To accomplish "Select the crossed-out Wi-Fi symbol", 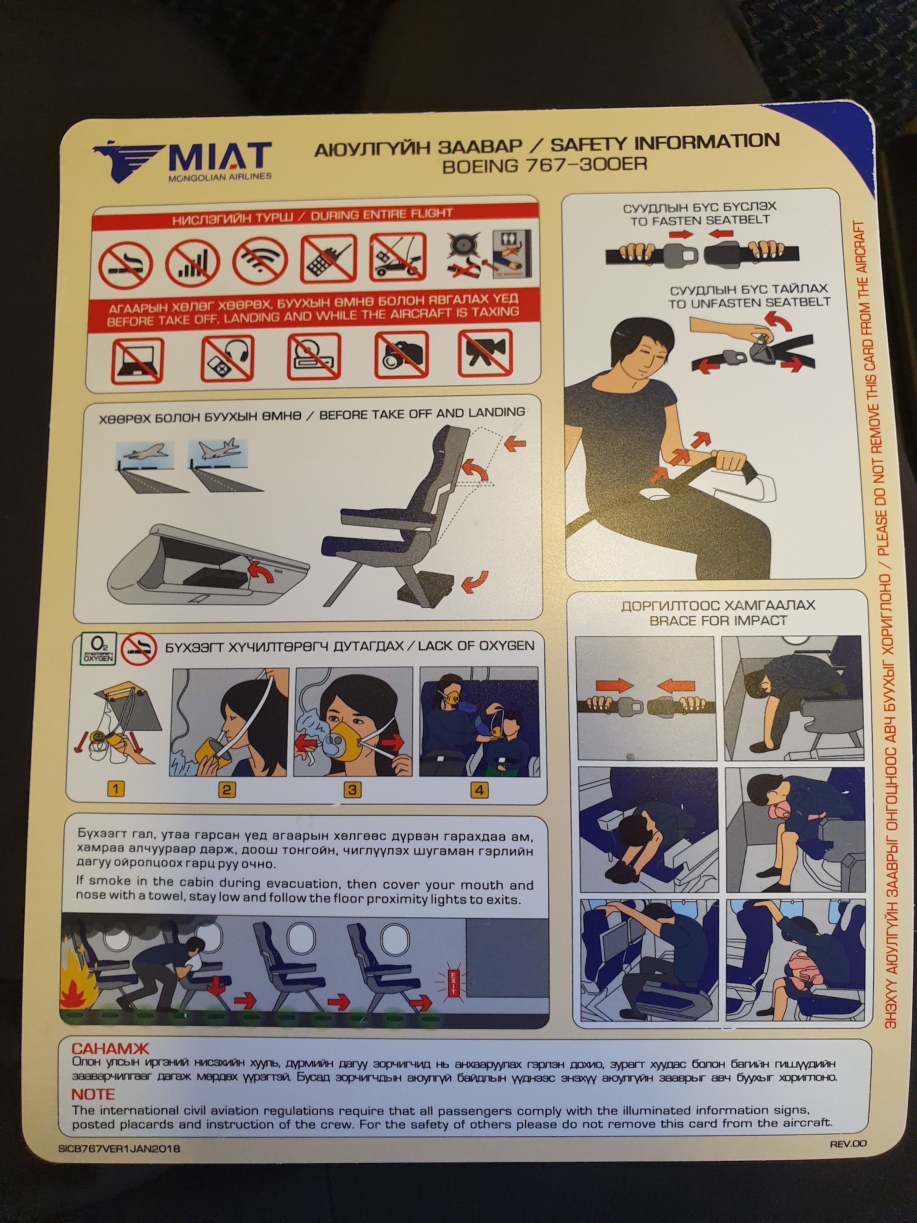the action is [260, 260].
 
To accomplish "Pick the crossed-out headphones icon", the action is [227, 358].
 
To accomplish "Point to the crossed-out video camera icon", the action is [485, 353].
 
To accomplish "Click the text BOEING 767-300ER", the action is [544, 165].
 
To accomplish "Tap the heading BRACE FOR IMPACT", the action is [718, 620].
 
